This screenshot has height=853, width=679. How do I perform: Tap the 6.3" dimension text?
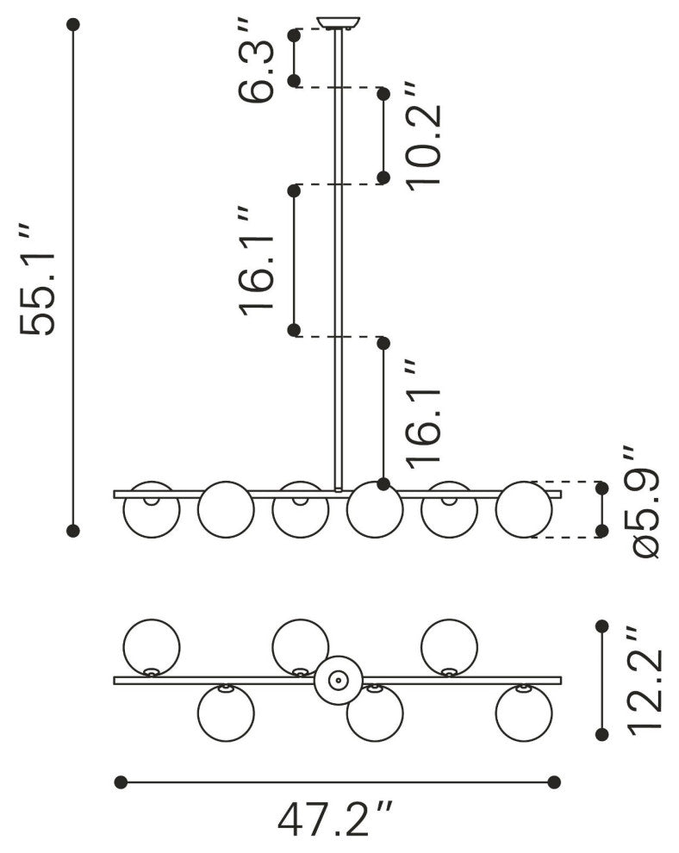pyautogui.click(x=259, y=59)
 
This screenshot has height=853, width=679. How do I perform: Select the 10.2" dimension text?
pyautogui.click(x=424, y=136)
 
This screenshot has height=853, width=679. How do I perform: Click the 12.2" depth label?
pyautogui.click(x=645, y=681)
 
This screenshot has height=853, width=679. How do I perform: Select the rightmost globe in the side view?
pyautogui.click(x=524, y=509)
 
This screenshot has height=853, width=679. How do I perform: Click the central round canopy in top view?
pyautogui.click(x=338, y=680)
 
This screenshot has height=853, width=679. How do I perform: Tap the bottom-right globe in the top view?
pyautogui.click(x=524, y=713)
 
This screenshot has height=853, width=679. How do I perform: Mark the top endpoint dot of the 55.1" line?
pyautogui.click(x=73, y=26)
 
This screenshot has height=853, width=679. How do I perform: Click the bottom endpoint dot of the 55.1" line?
pyautogui.click(x=73, y=530)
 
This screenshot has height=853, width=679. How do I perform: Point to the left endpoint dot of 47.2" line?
pyautogui.click(x=121, y=781)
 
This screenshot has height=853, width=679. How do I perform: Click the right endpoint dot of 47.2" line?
pyautogui.click(x=554, y=781)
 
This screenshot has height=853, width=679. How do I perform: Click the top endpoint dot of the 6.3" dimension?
pyautogui.click(x=294, y=35)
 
